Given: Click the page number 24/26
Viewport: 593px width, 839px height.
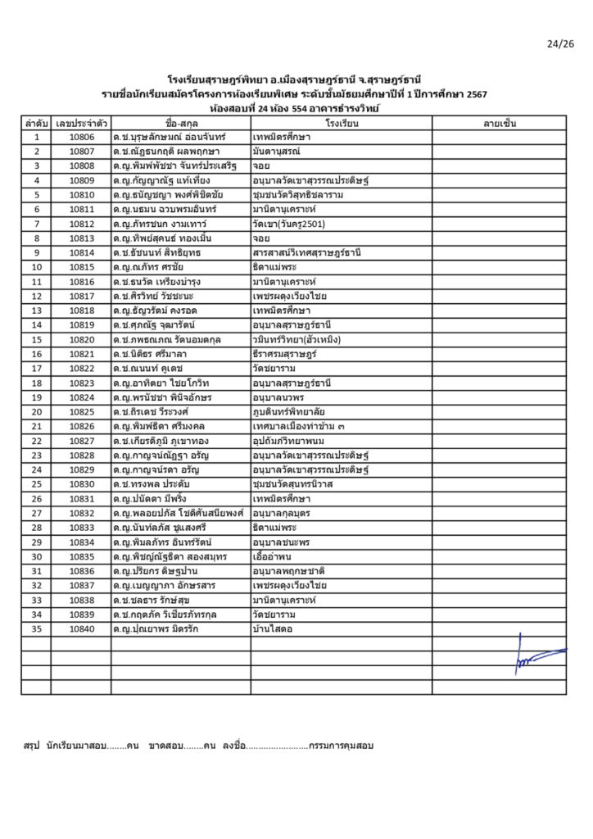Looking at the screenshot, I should point(561,43).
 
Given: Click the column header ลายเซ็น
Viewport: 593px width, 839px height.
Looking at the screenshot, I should point(499,123).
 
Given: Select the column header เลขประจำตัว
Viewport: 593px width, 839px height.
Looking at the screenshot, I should point(81,123).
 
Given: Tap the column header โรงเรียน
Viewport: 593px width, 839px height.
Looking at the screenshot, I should point(341,123).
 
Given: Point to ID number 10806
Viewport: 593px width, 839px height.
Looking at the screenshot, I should point(82,137).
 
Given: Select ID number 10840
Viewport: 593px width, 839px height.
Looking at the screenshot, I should point(82,629).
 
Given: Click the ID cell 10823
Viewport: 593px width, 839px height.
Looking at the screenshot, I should point(82,383).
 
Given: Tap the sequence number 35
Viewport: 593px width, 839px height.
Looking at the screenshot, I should point(36,629).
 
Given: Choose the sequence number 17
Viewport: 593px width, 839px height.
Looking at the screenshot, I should point(36,369).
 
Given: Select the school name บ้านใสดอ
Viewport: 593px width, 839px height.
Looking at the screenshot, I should point(274,629).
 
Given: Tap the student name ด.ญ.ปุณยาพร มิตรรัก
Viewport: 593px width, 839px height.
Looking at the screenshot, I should point(157,629).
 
